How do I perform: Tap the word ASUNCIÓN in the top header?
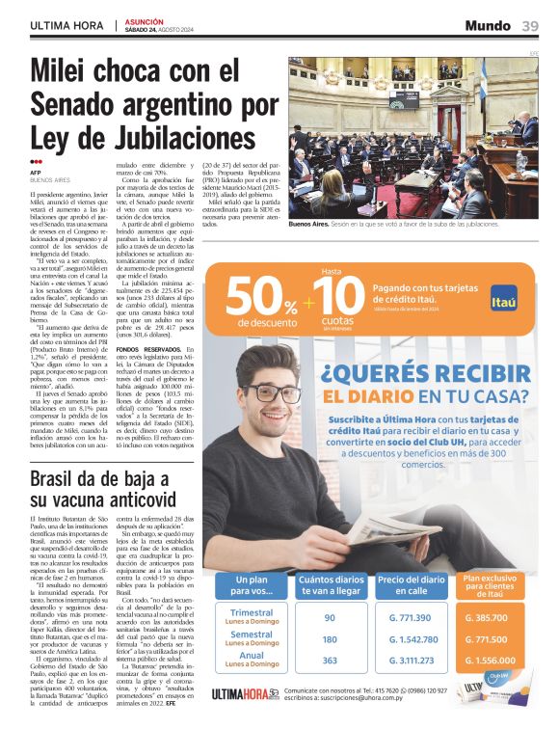pos(143,19)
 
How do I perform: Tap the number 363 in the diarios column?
pos(330,661)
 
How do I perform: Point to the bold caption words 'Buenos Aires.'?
pos(309,223)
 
